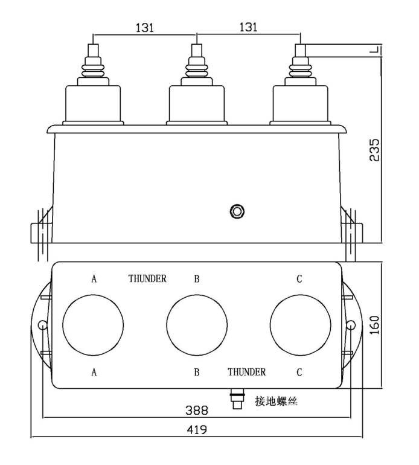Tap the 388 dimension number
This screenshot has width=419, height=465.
[x=196, y=410]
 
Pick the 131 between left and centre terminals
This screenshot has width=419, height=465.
[x=144, y=27]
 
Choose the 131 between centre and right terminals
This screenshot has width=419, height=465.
[x=248, y=27]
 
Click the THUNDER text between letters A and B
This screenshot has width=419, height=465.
[x=147, y=279]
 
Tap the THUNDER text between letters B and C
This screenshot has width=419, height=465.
[x=246, y=371]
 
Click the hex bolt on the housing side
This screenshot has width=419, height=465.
[x=237, y=211]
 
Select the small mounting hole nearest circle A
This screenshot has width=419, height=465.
[x=42, y=325]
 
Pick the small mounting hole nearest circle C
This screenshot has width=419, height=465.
[x=351, y=325]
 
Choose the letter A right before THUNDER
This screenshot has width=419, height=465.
[x=94, y=279]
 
